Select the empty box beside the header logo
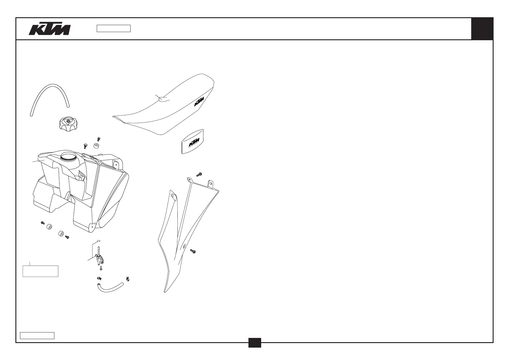113,28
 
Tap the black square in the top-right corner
482,29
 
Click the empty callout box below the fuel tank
41,271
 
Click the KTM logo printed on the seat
199,102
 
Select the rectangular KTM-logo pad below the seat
192,142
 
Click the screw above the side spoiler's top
199,175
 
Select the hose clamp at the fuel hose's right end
128,278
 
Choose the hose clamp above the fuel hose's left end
99,278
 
